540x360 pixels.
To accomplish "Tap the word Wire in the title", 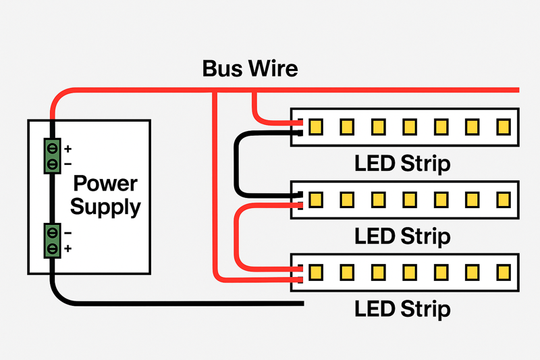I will pyautogui.click(x=272, y=69).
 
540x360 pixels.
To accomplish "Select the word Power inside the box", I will pyautogui.click(x=105, y=184).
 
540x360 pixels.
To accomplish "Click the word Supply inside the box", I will pyautogui.click(x=105, y=207).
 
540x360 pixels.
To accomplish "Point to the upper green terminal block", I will pyautogui.click(x=51, y=155).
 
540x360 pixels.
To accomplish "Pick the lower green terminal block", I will pyautogui.click(x=51, y=240).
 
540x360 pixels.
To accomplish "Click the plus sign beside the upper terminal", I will pyautogui.click(x=67, y=147).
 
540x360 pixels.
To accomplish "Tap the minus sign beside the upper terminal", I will pyautogui.click(x=67, y=164).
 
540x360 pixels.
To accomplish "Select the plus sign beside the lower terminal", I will pyautogui.click(x=67, y=249).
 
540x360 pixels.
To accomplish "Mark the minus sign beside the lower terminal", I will pyautogui.click(x=67, y=232).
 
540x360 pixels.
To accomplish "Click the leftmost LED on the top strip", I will pyautogui.click(x=315, y=126).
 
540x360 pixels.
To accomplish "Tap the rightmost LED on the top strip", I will pyautogui.click(x=503, y=126).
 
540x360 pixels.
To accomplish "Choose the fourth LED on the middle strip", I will pyautogui.click(x=409, y=199).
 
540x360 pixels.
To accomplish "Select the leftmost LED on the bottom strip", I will pyautogui.click(x=315, y=272).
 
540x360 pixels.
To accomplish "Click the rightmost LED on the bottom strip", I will pyautogui.click(x=503, y=272).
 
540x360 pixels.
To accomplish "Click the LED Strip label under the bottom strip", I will pyautogui.click(x=402, y=309).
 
